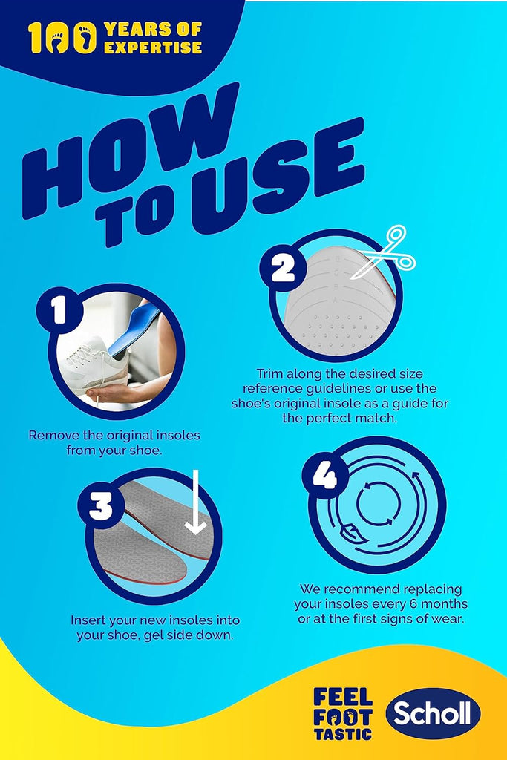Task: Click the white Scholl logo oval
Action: click(x=433, y=713)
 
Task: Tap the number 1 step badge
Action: click(x=59, y=309)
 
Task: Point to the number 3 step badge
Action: click(x=101, y=507)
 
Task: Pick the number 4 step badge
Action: click(x=324, y=476)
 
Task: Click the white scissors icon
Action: click(x=384, y=252)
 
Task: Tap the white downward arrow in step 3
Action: click(x=196, y=502)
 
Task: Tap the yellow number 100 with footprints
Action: click(x=62, y=37)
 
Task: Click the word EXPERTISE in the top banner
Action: click(x=153, y=47)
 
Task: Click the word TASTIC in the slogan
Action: click(x=343, y=734)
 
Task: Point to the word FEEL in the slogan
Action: click(x=343, y=697)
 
